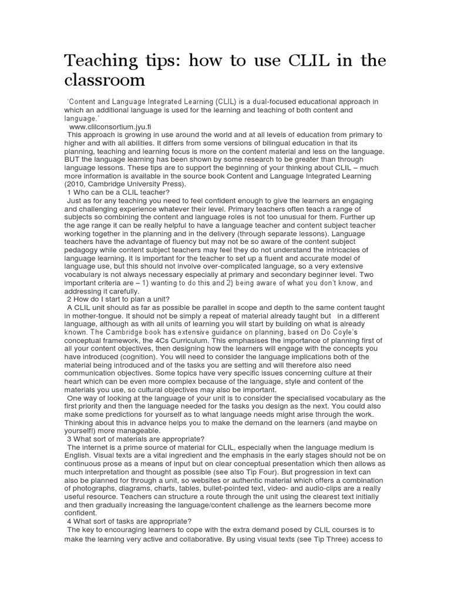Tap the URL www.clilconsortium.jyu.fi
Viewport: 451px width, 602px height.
click(x=110, y=126)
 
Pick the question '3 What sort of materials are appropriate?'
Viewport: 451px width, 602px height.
click(x=136, y=439)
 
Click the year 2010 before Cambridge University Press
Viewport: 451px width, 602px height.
click(x=76, y=184)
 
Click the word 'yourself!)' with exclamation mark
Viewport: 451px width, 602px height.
click(x=83, y=431)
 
